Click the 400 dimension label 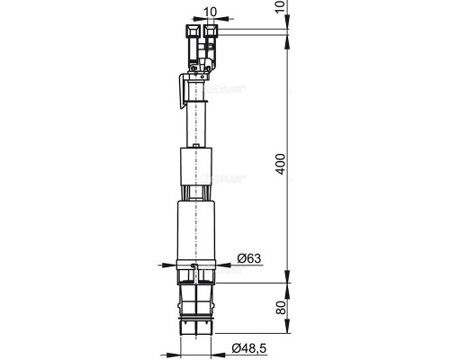pyautogui.click(x=281, y=164)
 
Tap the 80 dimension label pyautogui.click(x=281, y=308)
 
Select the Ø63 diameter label pyautogui.click(x=249, y=258)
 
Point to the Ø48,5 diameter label pyautogui.click(x=249, y=348)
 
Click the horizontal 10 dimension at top pyautogui.click(x=210, y=12)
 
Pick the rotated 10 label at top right pyautogui.click(x=281, y=6)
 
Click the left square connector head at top pyautogui.click(x=193, y=31)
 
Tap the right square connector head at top pyautogui.click(x=211, y=31)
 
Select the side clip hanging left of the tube pyautogui.click(x=183, y=91)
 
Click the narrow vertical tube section pyautogui.click(x=196, y=124)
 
